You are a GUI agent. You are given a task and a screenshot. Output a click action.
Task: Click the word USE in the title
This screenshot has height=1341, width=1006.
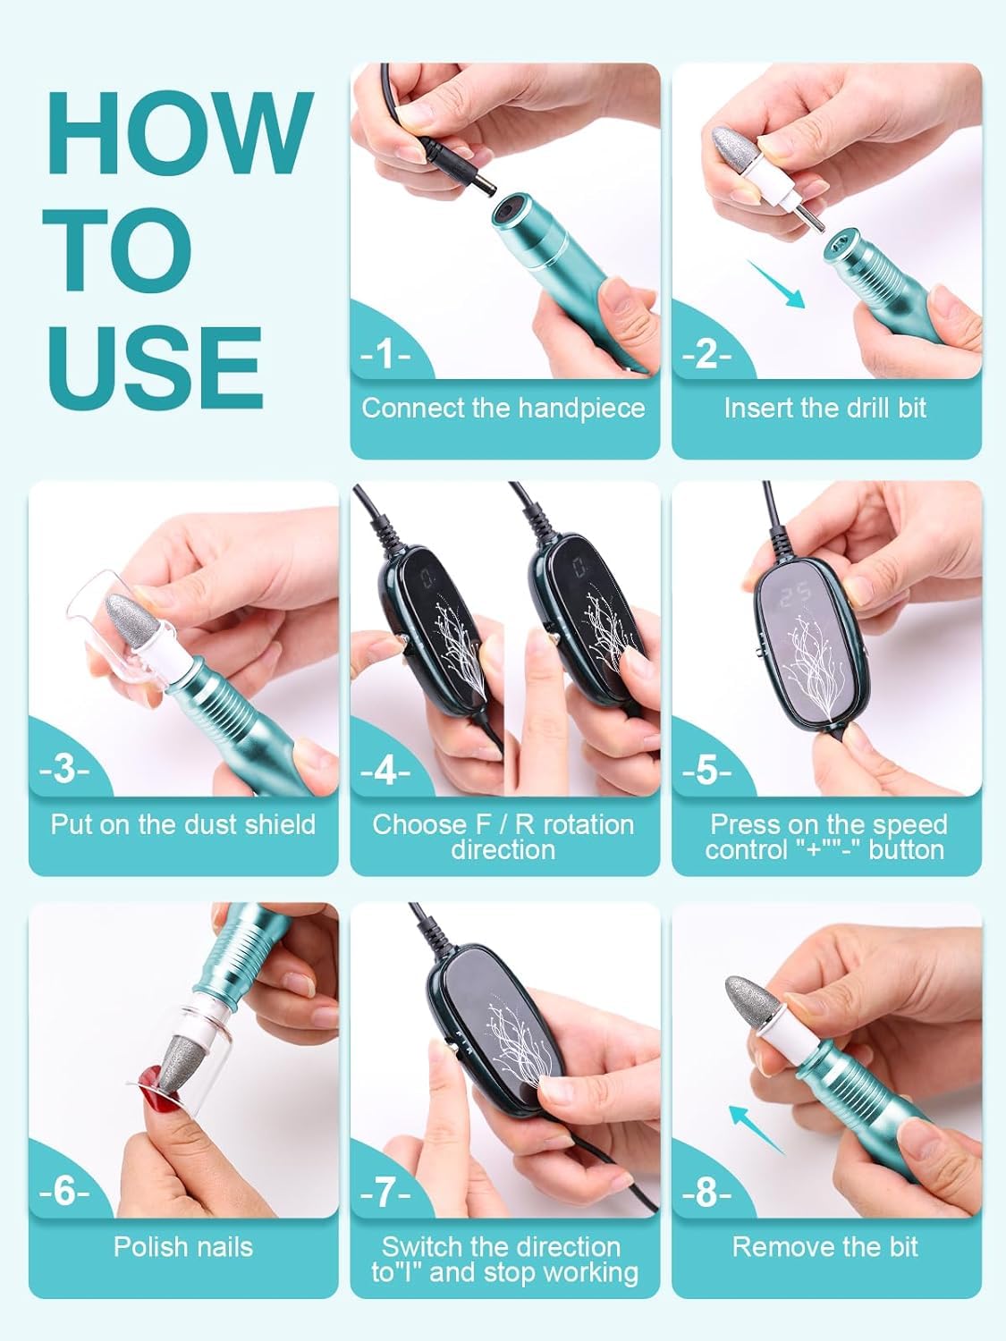click(x=156, y=367)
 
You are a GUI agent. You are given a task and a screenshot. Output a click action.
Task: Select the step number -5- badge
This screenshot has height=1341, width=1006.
click(x=706, y=772)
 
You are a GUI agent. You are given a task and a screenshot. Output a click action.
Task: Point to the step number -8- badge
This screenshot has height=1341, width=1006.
click(x=706, y=1192)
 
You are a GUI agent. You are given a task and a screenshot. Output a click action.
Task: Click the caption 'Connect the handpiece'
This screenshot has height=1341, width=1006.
click(x=504, y=408)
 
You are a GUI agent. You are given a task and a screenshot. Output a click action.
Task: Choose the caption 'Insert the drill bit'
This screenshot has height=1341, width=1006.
click(x=825, y=408)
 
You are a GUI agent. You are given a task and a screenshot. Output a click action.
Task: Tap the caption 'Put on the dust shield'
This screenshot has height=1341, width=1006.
click(x=183, y=825)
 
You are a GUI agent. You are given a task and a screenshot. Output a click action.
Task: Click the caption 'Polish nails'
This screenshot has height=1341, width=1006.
click(x=183, y=1246)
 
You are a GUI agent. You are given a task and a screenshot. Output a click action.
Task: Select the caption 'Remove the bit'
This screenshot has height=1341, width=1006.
click(x=825, y=1246)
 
